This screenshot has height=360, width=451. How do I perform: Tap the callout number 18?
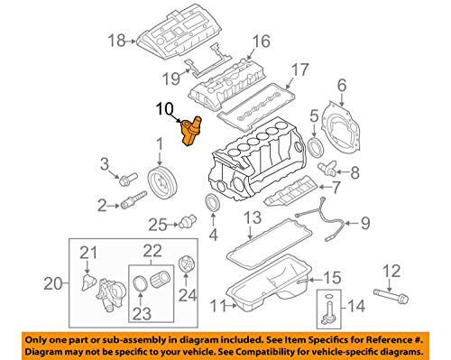point(114,40)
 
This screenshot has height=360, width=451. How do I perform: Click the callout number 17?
point(299,68)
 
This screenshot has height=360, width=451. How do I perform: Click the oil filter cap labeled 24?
point(187,266)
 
